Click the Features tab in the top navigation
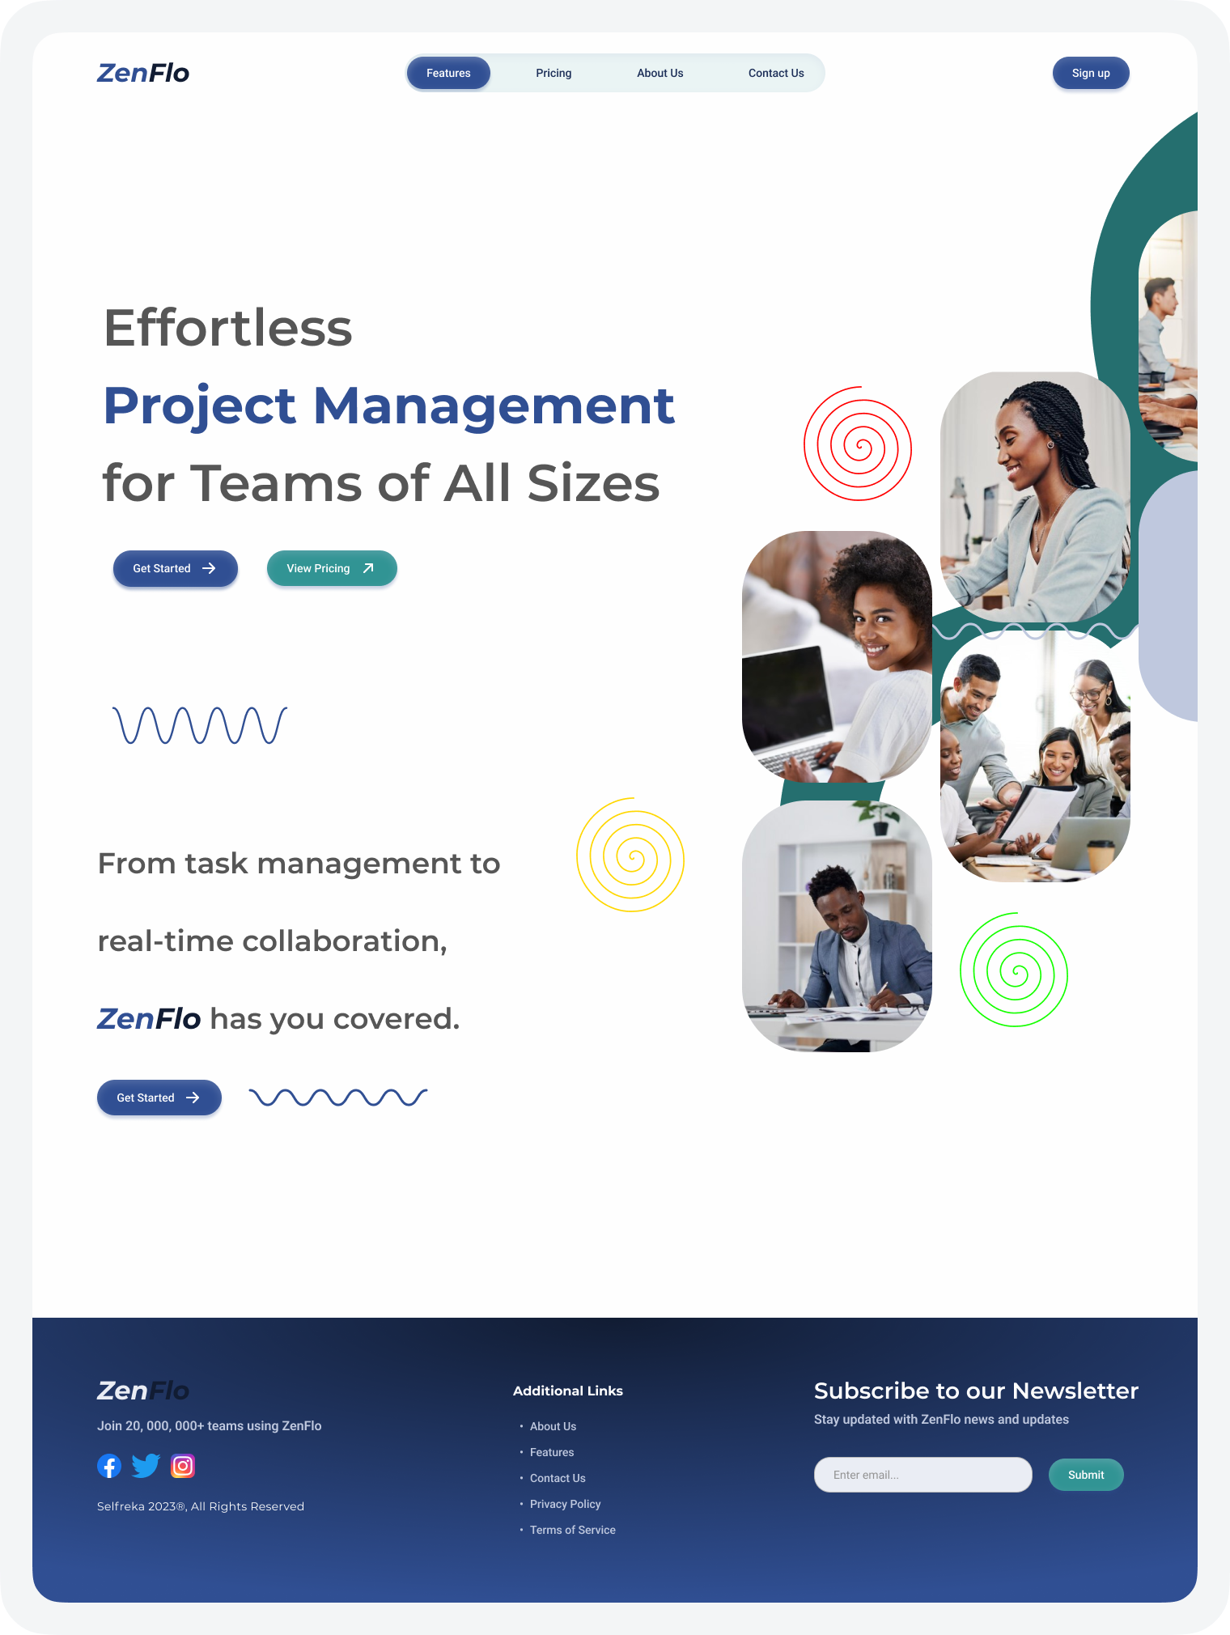(x=448, y=73)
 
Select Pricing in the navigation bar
(x=553, y=73)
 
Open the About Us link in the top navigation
(x=660, y=73)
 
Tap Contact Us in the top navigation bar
(x=776, y=73)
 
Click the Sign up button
(x=1090, y=73)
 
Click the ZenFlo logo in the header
(x=143, y=73)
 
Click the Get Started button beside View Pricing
(x=175, y=568)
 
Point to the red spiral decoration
(x=858, y=444)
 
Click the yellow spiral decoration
(x=630, y=856)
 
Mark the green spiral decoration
(x=1014, y=970)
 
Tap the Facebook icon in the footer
(x=109, y=1466)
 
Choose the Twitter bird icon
(x=146, y=1466)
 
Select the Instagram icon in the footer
(x=183, y=1466)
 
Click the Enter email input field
(x=922, y=1475)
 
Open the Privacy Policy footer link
(x=565, y=1504)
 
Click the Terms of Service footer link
(x=572, y=1530)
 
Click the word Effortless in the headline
(x=228, y=328)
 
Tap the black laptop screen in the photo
(x=785, y=696)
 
